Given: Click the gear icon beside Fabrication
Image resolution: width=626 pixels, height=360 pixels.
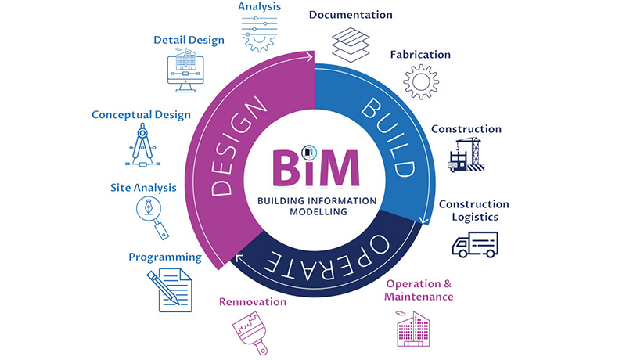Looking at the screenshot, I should click(421, 82).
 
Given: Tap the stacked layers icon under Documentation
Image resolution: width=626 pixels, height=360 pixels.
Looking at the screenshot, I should click(350, 44).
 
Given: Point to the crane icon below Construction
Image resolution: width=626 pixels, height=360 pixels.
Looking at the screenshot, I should click(466, 154).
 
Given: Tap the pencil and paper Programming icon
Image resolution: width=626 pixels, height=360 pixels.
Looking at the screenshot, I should click(169, 289).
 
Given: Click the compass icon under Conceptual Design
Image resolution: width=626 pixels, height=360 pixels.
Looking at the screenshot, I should click(142, 145).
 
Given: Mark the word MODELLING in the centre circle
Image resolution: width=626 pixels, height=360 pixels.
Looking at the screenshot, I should click(316, 211).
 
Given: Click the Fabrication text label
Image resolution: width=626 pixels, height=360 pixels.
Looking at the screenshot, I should click(420, 55).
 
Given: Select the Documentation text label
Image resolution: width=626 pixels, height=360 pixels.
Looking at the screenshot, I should click(351, 15).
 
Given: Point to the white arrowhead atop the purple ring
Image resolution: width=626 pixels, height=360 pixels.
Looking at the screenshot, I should click(310, 57).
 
